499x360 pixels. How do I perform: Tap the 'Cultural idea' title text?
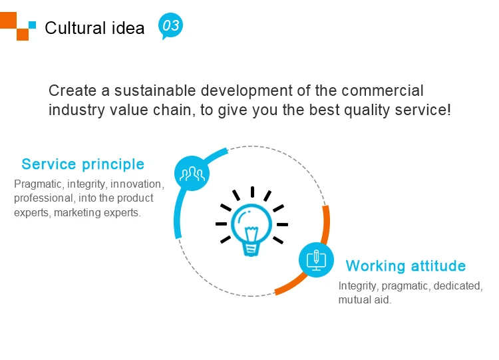click(x=94, y=28)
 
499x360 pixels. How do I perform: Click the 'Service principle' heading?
click(x=83, y=164)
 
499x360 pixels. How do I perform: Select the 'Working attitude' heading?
click(x=406, y=266)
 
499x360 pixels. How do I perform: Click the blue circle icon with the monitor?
click(x=315, y=260)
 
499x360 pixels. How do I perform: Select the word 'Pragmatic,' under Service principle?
click(x=36, y=184)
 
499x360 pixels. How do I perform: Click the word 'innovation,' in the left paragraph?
click(x=137, y=184)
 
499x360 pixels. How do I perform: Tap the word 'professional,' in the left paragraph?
click(x=43, y=198)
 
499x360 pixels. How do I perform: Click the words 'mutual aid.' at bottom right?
click(x=365, y=300)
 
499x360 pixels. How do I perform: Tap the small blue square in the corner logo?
click(x=32, y=25)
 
